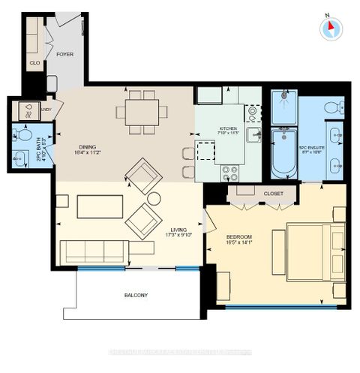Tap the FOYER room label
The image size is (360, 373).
pos(64,55)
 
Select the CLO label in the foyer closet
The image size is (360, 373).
pos(34,64)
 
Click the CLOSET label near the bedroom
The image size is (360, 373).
pos(274,194)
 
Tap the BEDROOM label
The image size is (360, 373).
pos(240,238)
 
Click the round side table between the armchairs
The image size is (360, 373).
pos(154,199)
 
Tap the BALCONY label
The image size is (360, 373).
pos(136,295)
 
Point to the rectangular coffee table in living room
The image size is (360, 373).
pos(99,206)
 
